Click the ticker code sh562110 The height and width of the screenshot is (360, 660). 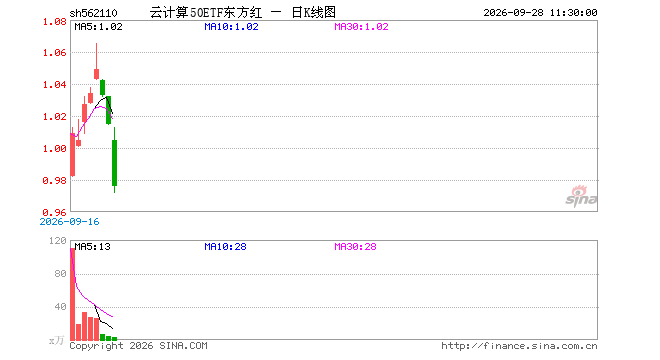pyautogui.click(x=93, y=13)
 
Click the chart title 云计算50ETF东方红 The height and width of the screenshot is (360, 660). pyautogui.click(x=206, y=13)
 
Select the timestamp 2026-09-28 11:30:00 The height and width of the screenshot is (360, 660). pyautogui.click(x=540, y=13)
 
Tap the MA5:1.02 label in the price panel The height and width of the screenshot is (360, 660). pyautogui.click(x=98, y=27)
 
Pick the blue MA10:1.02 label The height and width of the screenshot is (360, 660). pyautogui.click(x=231, y=27)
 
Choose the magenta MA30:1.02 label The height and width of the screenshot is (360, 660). pyautogui.click(x=361, y=27)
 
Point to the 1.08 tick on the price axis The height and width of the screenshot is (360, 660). pyautogui.click(x=55, y=22)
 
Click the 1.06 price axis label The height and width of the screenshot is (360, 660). pyautogui.click(x=55, y=53)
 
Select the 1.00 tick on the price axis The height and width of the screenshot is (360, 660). pyautogui.click(x=55, y=149)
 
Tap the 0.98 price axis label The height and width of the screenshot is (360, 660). pyautogui.click(x=55, y=181)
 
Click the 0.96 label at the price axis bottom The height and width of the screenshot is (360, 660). pyautogui.click(x=55, y=212)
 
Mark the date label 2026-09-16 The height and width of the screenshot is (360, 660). pyautogui.click(x=69, y=222)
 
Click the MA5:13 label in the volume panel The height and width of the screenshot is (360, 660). pyautogui.click(x=93, y=247)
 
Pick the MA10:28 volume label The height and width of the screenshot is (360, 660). pyautogui.click(x=225, y=247)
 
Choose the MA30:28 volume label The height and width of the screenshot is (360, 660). pyautogui.click(x=355, y=247)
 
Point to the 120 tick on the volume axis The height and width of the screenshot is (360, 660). pyautogui.click(x=58, y=241)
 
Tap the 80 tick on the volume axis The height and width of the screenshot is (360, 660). pyautogui.click(x=61, y=274)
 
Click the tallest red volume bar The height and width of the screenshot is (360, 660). pyautogui.click(x=72, y=294)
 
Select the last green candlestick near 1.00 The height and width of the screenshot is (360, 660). pyautogui.click(x=114, y=163)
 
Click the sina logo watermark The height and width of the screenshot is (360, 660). pyautogui.click(x=581, y=197)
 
